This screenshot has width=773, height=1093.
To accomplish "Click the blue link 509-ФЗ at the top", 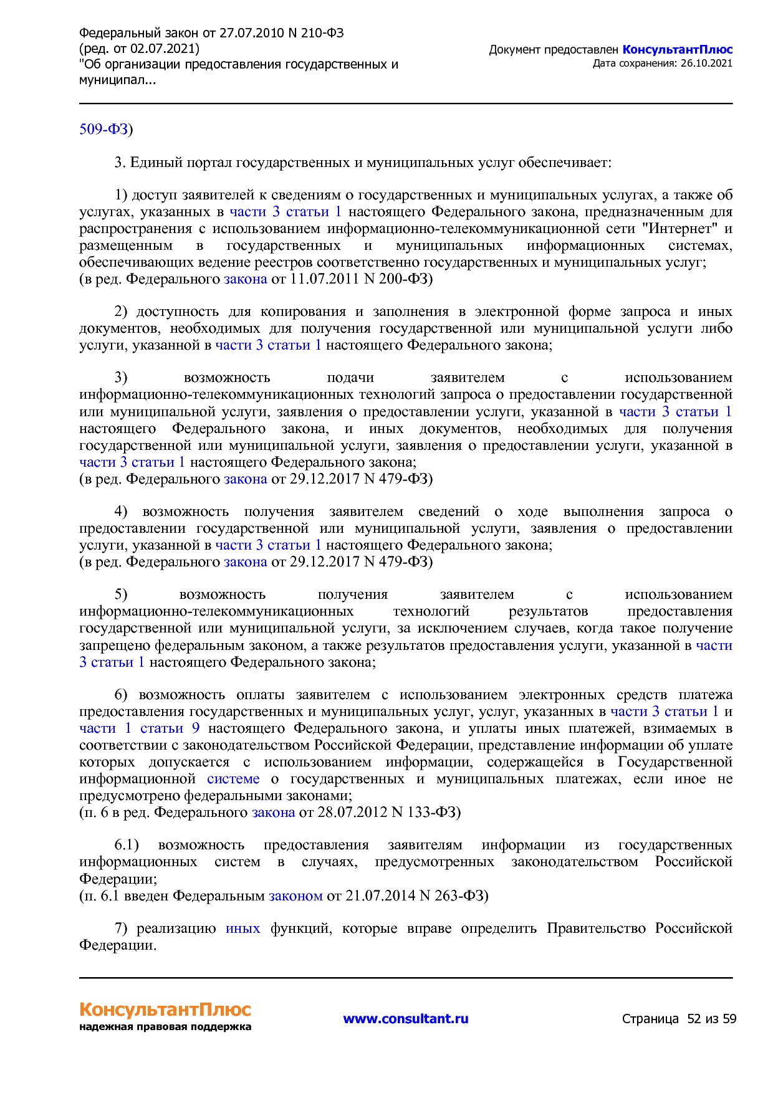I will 103,129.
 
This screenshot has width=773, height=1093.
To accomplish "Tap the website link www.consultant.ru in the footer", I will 405,1019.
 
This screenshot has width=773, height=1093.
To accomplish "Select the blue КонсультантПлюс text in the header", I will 677,50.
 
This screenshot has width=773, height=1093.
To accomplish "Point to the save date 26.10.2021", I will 706,64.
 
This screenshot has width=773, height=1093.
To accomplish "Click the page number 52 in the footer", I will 693,1019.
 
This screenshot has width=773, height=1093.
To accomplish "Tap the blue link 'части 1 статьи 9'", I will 139,728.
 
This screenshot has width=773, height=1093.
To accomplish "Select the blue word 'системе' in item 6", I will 233,779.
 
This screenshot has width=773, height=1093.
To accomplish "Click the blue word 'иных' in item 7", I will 242,928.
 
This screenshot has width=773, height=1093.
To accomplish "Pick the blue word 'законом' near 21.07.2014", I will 295,896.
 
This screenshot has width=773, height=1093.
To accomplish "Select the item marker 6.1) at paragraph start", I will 127,845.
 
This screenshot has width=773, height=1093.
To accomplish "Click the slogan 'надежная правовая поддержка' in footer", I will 165,1027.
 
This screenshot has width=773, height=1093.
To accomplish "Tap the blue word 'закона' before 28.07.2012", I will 273,813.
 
